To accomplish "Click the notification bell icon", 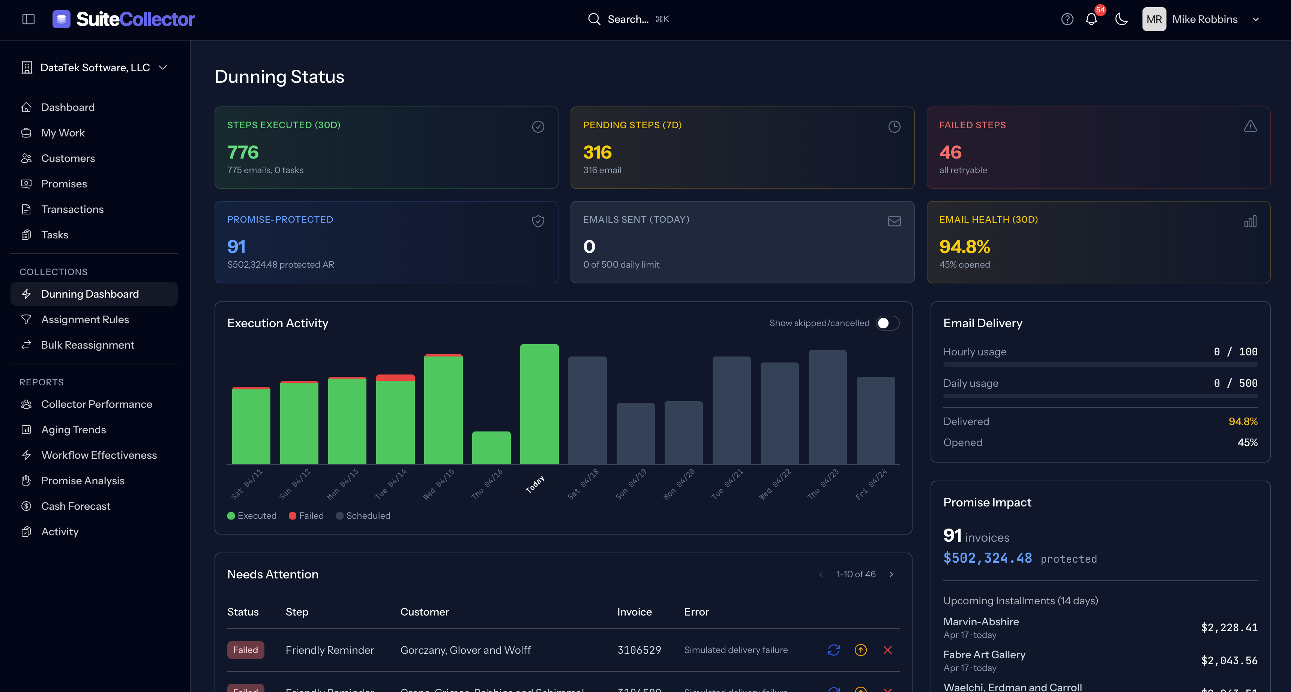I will [1091, 19].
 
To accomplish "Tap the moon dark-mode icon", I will [1121, 19].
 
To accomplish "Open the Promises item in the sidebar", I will [64, 184].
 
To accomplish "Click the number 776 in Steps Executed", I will [243, 152].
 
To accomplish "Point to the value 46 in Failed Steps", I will [950, 152].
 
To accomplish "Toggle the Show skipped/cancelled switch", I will [887, 324].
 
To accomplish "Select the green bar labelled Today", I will [539, 404].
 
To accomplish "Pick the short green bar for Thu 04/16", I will [491, 448].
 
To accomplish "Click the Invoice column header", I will [634, 612].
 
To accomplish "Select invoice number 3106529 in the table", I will [639, 650].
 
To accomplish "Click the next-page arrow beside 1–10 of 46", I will [891, 574].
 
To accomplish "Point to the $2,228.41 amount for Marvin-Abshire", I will [1229, 628].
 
